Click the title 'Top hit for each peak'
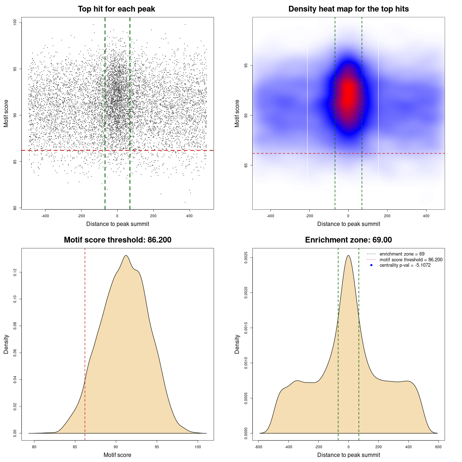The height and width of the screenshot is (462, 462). (x=116, y=9)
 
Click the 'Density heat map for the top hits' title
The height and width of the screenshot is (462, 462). (x=348, y=9)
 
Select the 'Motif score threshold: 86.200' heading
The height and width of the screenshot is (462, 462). (x=117, y=240)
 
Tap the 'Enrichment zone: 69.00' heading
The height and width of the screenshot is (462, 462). (x=348, y=240)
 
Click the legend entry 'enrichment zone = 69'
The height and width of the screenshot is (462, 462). (x=402, y=254)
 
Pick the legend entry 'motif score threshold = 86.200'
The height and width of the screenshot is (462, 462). (x=411, y=260)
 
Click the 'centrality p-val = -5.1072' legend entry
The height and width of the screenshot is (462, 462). (x=405, y=265)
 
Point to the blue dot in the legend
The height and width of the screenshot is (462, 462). (x=371, y=265)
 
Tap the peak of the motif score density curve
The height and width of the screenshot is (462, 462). (x=126, y=256)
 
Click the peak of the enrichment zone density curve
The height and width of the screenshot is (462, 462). (x=348, y=256)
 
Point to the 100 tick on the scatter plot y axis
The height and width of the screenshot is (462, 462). (x=15, y=22)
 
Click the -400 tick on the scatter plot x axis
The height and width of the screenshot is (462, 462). (x=45, y=216)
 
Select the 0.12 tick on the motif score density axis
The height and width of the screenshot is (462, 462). (x=15, y=272)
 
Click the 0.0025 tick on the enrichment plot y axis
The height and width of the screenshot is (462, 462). (x=246, y=258)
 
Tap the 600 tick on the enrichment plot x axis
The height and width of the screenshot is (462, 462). (x=438, y=447)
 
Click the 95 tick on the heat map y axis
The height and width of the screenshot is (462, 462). (x=246, y=65)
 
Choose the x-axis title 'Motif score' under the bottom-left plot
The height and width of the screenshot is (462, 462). (x=117, y=455)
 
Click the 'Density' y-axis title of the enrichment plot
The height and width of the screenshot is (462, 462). (x=237, y=344)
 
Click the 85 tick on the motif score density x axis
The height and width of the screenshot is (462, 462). (x=75, y=447)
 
